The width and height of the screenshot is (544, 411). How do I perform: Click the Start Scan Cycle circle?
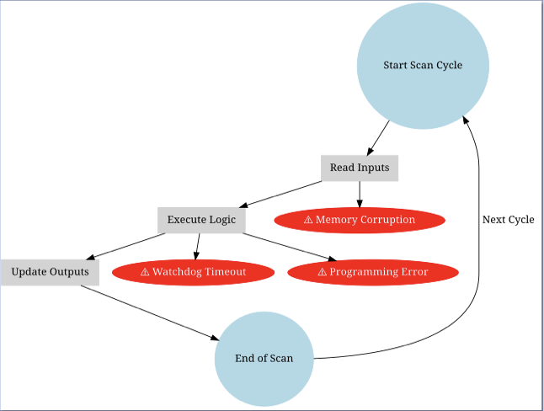click(x=423, y=65)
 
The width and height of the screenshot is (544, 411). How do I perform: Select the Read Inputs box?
click(x=360, y=168)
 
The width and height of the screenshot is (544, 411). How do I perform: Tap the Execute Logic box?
click(x=201, y=220)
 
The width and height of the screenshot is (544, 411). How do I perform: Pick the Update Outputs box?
click(x=50, y=272)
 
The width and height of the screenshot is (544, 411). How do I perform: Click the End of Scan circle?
click(x=264, y=358)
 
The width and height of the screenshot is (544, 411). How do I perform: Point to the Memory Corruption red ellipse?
click(x=360, y=220)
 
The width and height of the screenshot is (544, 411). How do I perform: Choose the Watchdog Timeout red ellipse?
click(x=193, y=272)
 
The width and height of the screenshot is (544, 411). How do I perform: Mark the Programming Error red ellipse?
click(x=372, y=272)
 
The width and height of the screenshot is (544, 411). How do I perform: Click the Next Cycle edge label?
click(x=508, y=220)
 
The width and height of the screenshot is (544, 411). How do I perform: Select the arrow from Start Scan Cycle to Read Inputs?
click(x=379, y=138)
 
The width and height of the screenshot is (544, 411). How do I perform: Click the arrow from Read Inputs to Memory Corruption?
click(x=360, y=194)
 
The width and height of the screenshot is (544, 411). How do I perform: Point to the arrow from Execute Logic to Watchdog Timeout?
click(x=198, y=246)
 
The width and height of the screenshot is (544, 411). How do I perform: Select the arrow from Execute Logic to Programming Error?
click(x=286, y=246)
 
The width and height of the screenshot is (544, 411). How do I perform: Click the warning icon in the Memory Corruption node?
click(x=308, y=220)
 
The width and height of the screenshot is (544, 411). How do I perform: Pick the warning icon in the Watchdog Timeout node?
click(x=145, y=272)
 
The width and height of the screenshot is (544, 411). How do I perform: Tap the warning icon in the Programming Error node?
click(x=322, y=272)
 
